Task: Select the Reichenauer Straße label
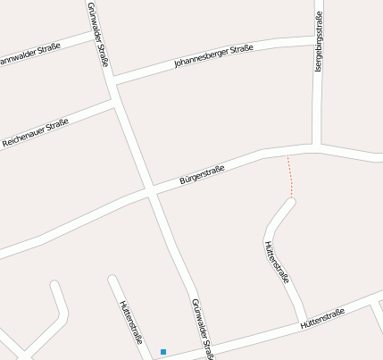(x=36, y=134)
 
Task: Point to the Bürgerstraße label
(x=203, y=173)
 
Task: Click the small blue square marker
(x=162, y=351)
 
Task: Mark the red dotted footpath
(x=289, y=176)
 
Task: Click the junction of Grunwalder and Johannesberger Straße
(x=112, y=81)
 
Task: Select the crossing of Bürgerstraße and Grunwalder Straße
(x=152, y=192)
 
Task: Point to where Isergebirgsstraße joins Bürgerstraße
(x=317, y=146)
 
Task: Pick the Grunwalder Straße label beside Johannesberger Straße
(x=98, y=34)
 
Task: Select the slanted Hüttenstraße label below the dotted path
(x=277, y=261)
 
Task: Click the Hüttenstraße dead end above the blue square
(x=112, y=280)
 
